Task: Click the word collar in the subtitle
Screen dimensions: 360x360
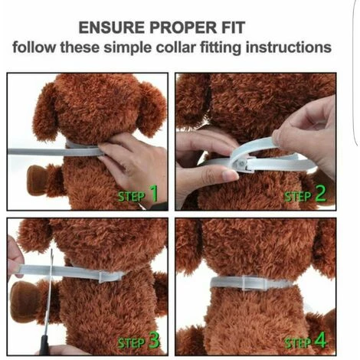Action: (x=176, y=47)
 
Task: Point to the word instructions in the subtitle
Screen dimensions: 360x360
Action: (x=289, y=47)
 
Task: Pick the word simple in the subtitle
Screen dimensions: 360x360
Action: (x=127, y=48)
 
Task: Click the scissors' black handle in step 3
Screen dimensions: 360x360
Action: (x=44, y=345)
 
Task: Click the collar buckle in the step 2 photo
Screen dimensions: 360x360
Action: (x=240, y=163)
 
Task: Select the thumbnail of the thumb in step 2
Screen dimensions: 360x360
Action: (x=231, y=175)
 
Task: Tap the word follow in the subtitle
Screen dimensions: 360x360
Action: (x=34, y=47)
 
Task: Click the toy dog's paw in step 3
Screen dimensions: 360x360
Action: (x=27, y=299)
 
